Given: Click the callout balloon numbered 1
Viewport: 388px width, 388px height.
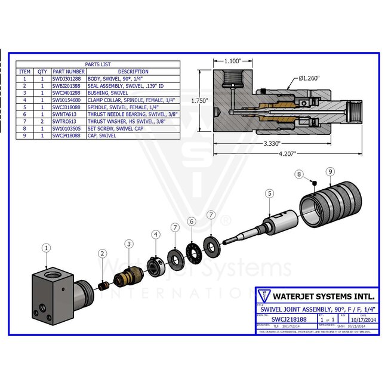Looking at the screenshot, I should [x=47, y=247].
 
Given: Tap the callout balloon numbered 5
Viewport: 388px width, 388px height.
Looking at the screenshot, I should [x=270, y=193].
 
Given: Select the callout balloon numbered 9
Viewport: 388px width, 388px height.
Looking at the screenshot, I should [x=330, y=172].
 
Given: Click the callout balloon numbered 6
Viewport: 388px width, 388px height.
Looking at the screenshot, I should [x=191, y=221].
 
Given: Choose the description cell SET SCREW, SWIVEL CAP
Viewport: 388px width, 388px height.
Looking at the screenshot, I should [x=113, y=128].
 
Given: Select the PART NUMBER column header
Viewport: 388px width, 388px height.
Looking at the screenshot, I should [x=68, y=72].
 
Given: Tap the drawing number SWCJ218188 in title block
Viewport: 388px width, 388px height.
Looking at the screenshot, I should [x=278, y=319].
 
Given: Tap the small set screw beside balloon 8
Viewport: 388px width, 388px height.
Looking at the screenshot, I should [x=312, y=182].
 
